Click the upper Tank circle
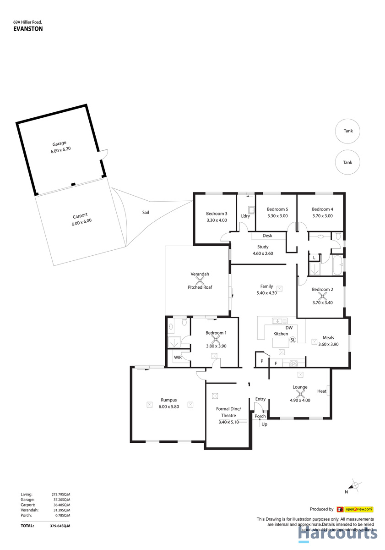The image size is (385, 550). [347, 131]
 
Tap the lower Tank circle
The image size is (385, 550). [347, 162]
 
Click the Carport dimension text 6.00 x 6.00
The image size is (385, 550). [81, 223]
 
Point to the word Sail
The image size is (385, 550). [146, 212]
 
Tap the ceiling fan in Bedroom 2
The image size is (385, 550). [322, 297]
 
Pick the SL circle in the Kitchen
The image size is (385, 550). [293, 340]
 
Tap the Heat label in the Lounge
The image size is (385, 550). [321, 391]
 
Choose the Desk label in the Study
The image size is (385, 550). [267, 236]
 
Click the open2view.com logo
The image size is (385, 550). [355, 509]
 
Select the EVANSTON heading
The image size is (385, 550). [28, 28]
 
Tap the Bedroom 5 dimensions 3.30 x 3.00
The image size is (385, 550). [277, 216]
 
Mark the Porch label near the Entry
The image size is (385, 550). [260, 416]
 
